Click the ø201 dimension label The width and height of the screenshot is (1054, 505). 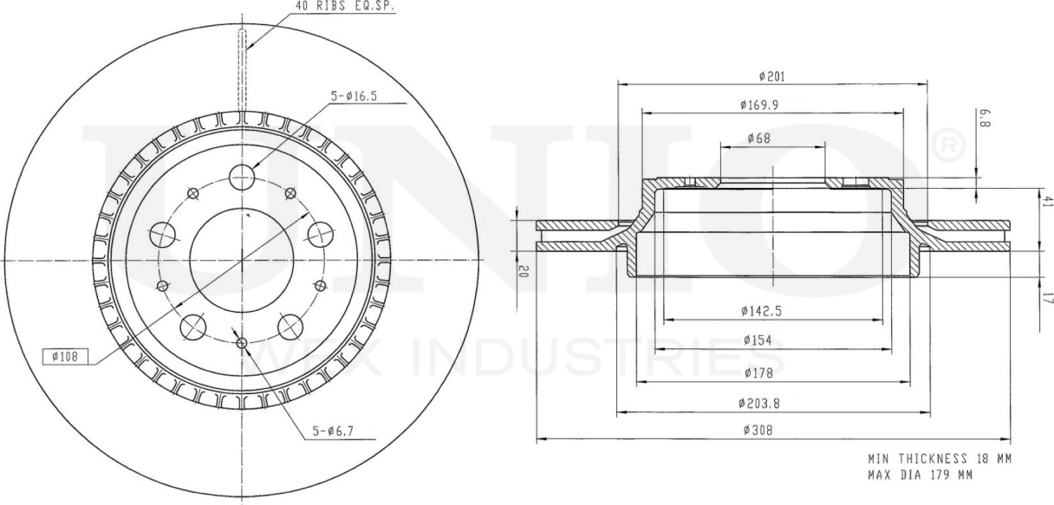tap(772, 76)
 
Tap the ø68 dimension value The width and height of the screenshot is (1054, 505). tap(758, 138)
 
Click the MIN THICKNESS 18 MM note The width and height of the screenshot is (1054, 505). tap(939, 457)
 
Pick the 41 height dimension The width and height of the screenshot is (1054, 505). tap(1046, 202)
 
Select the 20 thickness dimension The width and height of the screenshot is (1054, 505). tap(524, 271)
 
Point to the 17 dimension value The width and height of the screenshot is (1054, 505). tap(1046, 300)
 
